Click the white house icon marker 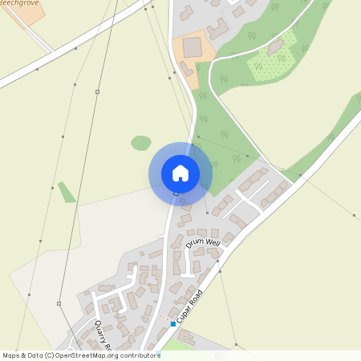[x=180, y=172]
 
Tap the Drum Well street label [x=202, y=241]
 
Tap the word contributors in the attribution [x=136, y=355]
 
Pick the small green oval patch [x=141, y=143]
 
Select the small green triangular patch [x=67, y=193]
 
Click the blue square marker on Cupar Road [x=172, y=324]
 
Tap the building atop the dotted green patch [x=276, y=47]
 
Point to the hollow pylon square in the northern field [x=97, y=92]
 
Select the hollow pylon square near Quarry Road [x=59, y=303]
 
